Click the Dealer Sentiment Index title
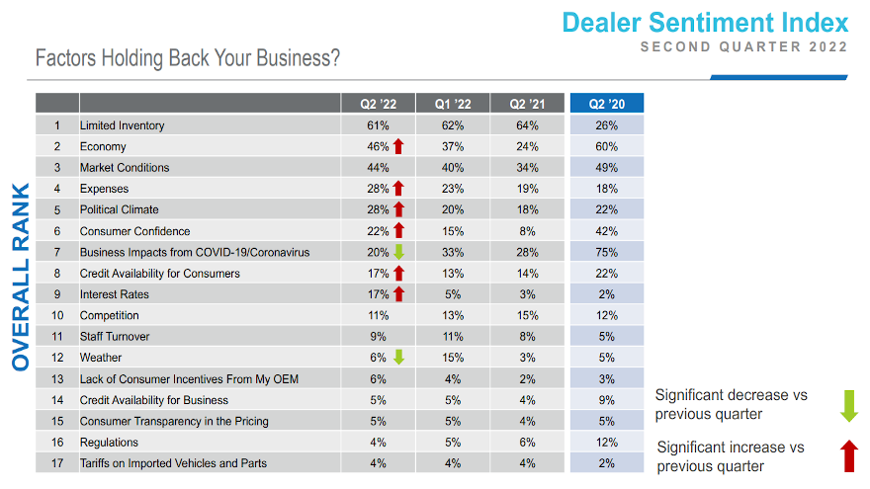pyautogui.click(x=705, y=23)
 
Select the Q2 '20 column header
pyautogui.click(x=606, y=104)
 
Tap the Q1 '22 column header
pyautogui.click(x=452, y=104)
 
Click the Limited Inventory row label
pyautogui.click(x=122, y=125)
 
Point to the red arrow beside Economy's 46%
pyautogui.click(x=398, y=146)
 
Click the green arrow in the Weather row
pyautogui.click(x=398, y=358)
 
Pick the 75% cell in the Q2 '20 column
pyautogui.click(x=606, y=252)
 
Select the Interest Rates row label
pyautogui.click(x=114, y=294)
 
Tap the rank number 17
pyautogui.click(x=57, y=463)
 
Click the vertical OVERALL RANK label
pyautogui.click(x=21, y=276)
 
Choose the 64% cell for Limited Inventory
pyautogui.click(x=529, y=125)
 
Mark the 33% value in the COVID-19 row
pyautogui.click(x=452, y=252)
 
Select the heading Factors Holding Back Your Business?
pyautogui.click(x=188, y=58)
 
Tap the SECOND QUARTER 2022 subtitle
pyautogui.click(x=743, y=47)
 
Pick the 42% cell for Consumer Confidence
pyautogui.click(x=606, y=231)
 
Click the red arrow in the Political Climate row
pyautogui.click(x=398, y=209)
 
